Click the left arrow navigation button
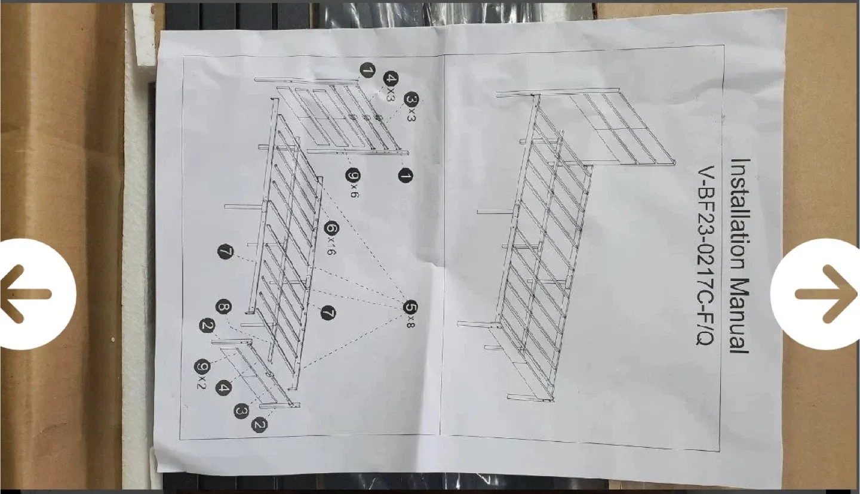click(30, 294)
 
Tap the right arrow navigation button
click(824, 294)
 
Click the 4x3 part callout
click(391, 86)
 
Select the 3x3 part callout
click(411, 106)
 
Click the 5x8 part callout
click(410, 313)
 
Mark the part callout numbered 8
click(224, 308)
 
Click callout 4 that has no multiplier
click(223, 388)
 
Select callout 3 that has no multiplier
click(241, 410)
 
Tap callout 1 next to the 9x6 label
click(404, 177)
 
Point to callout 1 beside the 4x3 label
click(367, 71)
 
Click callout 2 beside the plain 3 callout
click(260, 425)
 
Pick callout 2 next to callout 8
click(207, 326)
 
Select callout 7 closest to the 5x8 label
click(328, 312)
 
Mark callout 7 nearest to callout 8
click(225, 252)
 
